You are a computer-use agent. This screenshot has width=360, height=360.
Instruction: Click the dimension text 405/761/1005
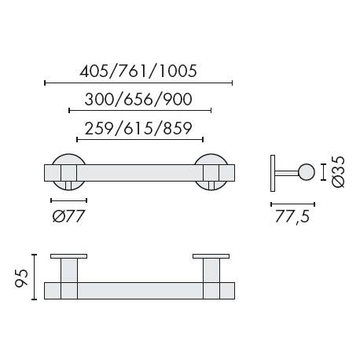click(x=138, y=71)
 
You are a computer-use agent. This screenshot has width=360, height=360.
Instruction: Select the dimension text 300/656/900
click(x=140, y=100)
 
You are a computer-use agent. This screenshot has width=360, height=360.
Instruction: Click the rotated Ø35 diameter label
click(x=339, y=172)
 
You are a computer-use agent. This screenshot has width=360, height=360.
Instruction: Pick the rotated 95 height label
click(x=21, y=277)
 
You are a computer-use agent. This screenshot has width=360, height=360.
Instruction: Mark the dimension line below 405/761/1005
click(x=138, y=83)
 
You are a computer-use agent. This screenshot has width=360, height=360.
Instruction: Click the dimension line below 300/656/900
click(x=140, y=112)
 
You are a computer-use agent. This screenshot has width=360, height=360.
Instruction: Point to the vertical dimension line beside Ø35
click(x=323, y=172)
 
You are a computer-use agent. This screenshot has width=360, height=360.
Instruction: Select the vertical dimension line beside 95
click(x=35, y=277)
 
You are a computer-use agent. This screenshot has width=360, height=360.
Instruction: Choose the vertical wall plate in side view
click(x=273, y=172)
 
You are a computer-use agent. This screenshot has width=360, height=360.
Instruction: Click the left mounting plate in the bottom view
click(x=68, y=257)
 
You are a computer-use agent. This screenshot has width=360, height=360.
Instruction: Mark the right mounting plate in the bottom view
click(x=211, y=257)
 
